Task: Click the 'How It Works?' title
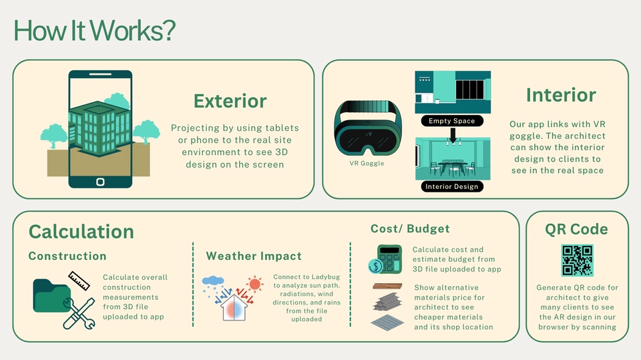point(94,30)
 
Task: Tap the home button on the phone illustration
point(100,182)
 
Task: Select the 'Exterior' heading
point(230,101)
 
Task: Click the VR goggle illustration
point(368,128)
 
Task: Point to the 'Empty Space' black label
point(452,121)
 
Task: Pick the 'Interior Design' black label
point(452,186)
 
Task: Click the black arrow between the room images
point(453,135)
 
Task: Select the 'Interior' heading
point(561,95)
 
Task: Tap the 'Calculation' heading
point(81,232)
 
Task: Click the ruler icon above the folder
point(79,281)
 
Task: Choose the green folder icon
point(51,296)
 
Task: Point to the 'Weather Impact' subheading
point(254,256)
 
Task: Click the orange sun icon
point(254,284)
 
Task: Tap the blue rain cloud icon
point(213,281)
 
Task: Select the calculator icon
point(389,259)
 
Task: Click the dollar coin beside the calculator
point(375,266)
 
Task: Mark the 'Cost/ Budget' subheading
point(410,228)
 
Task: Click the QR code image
point(577,260)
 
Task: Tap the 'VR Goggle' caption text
point(367,163)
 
